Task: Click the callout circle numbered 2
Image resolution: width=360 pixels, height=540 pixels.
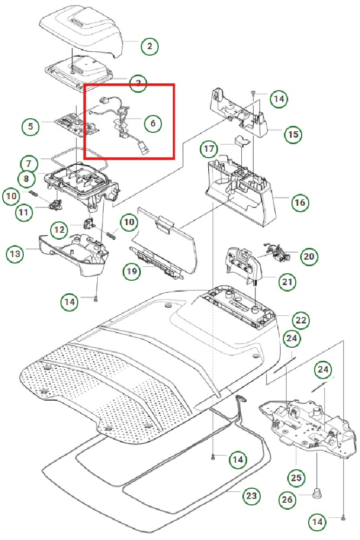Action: [x=150, y=46]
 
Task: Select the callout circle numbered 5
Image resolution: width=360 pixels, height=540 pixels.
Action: [x=31, y=127]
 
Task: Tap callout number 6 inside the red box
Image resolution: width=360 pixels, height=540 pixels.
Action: [x=153, y=123]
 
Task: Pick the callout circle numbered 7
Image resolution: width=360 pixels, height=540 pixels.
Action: [x=29, y=163]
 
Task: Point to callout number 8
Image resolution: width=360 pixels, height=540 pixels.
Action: [x=25, y=178]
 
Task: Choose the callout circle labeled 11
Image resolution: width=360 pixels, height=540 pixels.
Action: [x=24, y=212]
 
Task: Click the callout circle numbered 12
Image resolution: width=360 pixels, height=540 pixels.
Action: [x=60, y=231]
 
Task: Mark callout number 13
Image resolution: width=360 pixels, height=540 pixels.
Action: [x=15, y=253]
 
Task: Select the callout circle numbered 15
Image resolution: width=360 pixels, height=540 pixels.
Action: [x=293, y=134]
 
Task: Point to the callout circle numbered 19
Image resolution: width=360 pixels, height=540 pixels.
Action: [x=131, y=272]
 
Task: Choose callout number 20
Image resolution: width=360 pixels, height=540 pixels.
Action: [x=308, y=256]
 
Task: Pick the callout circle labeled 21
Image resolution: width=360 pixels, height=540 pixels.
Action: [x=287, y=281]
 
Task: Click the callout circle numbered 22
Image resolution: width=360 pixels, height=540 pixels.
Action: [x=301, y=320]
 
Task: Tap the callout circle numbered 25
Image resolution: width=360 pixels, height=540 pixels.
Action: [x=297, y=478]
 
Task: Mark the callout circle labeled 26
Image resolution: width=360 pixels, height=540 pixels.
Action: [x=288, y=500]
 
